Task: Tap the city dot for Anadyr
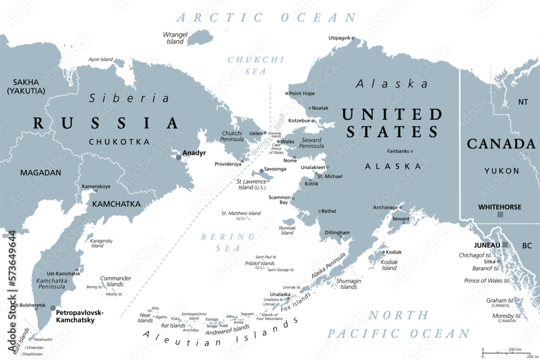coord(179,157)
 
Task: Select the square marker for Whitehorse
coord(500,215)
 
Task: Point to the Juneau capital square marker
coord(505,245)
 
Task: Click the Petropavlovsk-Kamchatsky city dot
coord(53,308)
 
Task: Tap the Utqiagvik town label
coord(339,38)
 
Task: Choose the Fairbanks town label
coord(398,151)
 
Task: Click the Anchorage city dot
coord(401,207)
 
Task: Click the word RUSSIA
coord(106,123)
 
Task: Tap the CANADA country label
coord(501,144)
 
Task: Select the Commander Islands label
coord(116,281)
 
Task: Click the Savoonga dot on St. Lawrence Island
coord(261,170)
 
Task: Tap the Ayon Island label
coord(100,59)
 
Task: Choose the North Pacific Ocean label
coord(399,324)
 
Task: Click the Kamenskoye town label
coord(96,186)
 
